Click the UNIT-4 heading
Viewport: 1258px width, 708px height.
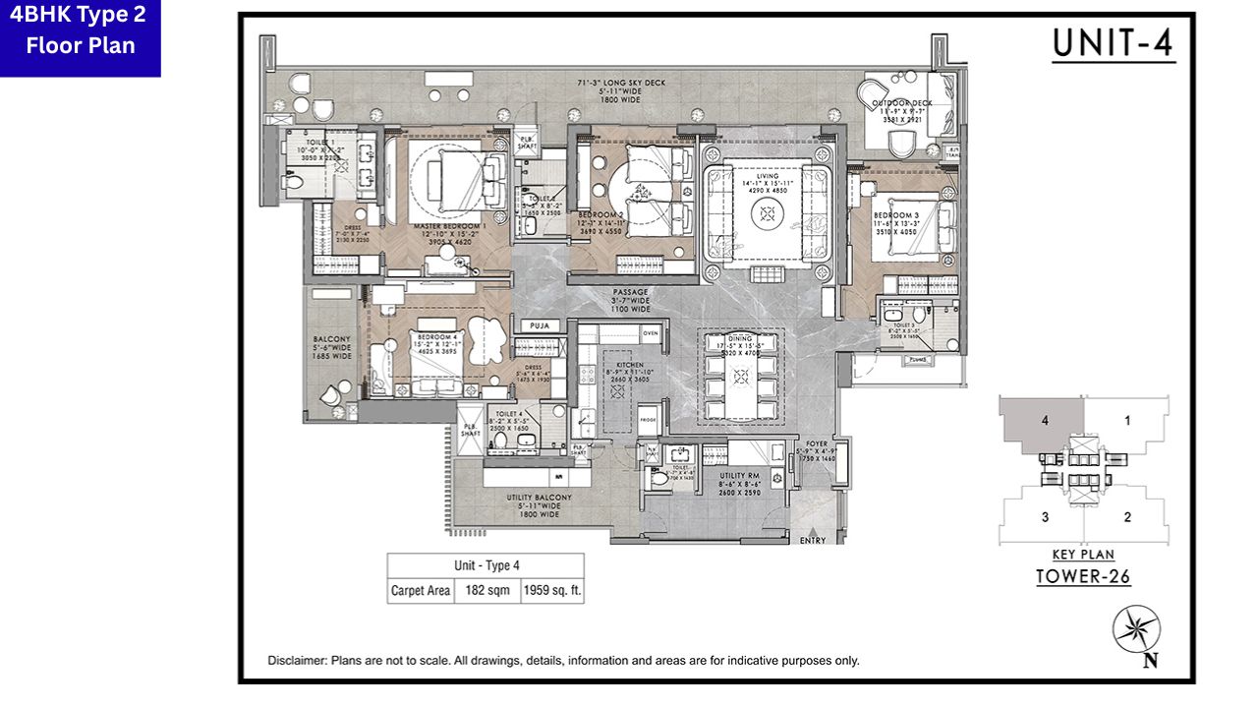[x=1113, y=44]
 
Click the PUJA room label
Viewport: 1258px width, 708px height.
[x=537, y=325]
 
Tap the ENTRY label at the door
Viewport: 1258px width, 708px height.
[x=813, y=540]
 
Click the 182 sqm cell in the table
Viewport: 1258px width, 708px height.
[x=482, y=590]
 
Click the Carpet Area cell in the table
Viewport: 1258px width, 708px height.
[x=421, y=590]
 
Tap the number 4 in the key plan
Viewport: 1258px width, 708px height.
[x=1045, y=420]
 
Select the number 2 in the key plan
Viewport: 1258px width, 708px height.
[x=1127, y=517]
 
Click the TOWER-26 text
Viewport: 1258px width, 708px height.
[x=1083, y=577]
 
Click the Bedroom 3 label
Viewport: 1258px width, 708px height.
[x=895, y=215]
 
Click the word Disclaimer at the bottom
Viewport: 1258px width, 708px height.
[x=297, y=661]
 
